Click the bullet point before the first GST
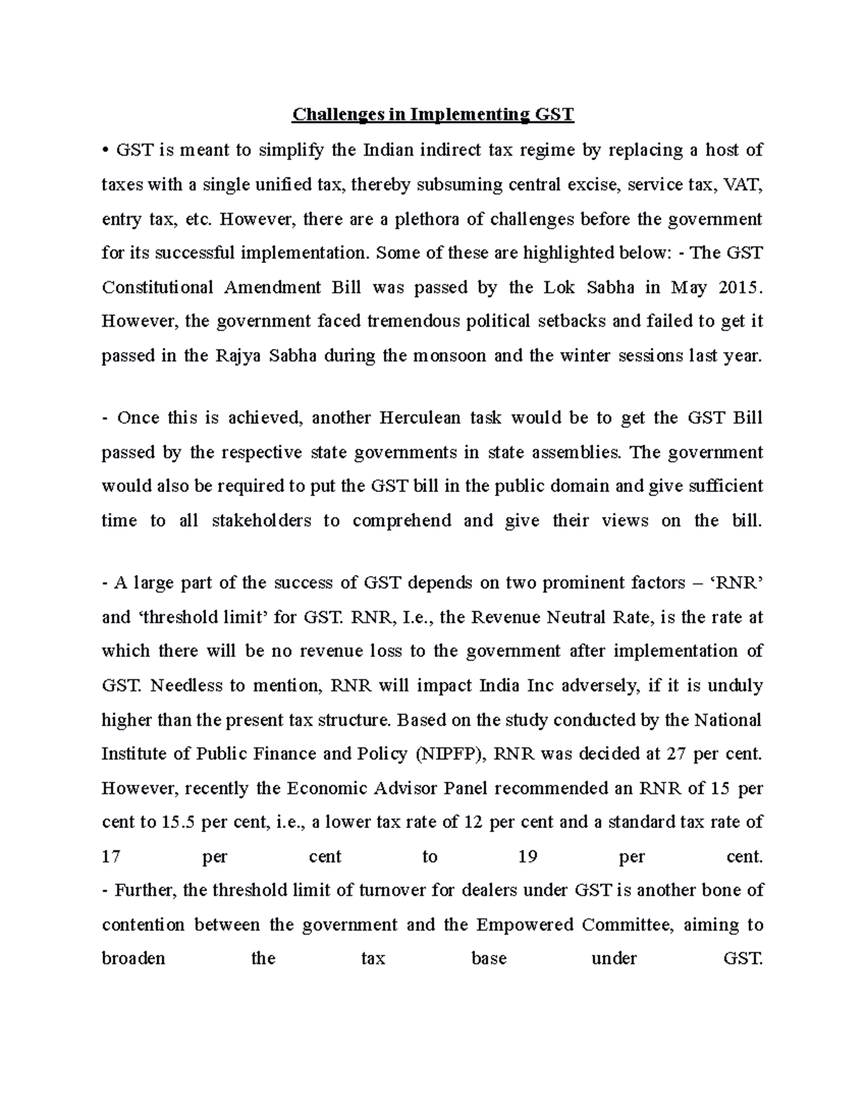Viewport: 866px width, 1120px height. click(105, 151)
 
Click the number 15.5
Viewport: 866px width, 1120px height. click(180, 822)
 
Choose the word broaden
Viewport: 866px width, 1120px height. click(134, 958)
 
